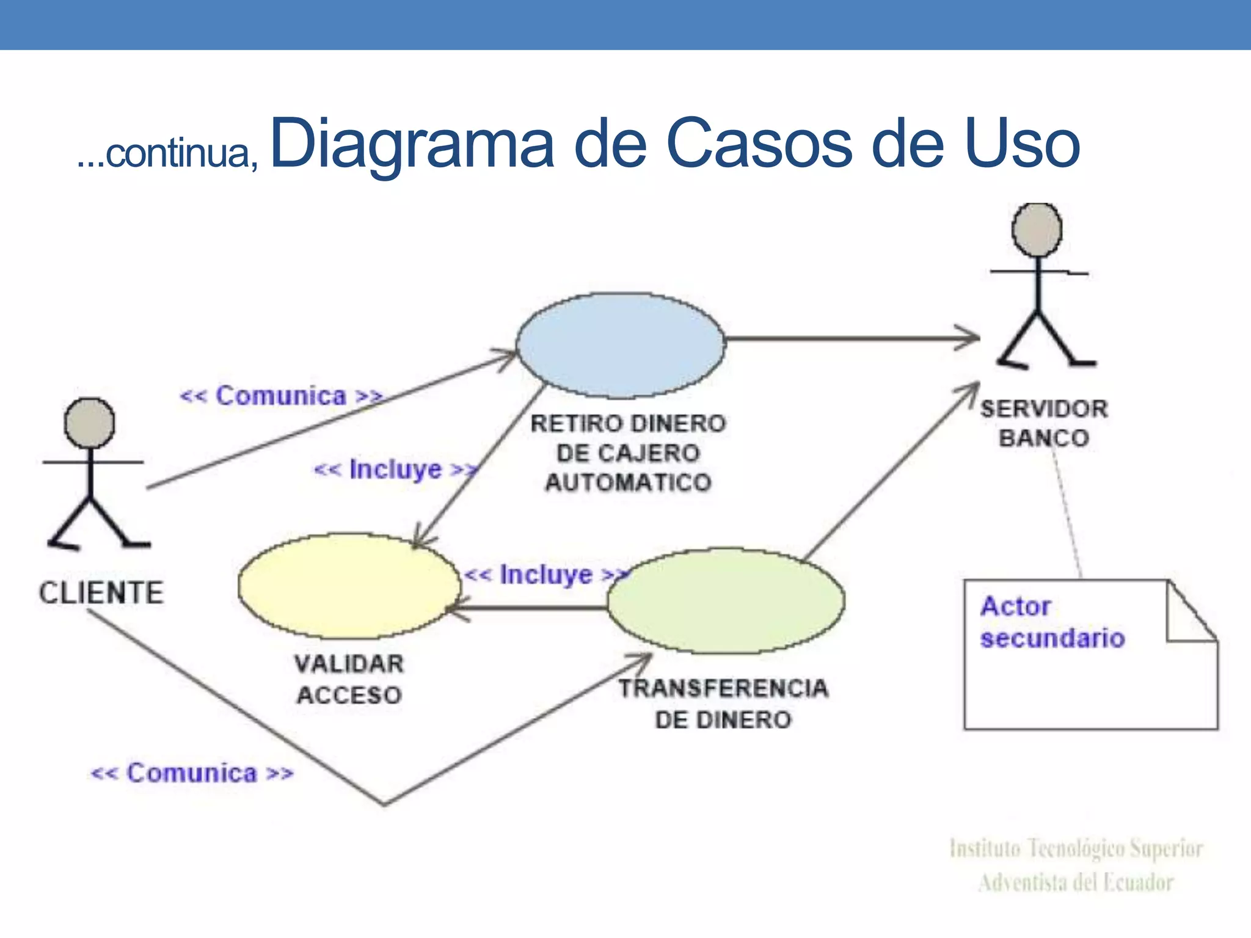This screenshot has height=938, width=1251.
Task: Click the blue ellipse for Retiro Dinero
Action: point(621,346)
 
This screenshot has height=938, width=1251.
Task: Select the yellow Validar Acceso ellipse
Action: point(349,586)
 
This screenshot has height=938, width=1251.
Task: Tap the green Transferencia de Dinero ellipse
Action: point(726,600)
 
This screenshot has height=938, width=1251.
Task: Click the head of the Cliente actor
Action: point(89,423)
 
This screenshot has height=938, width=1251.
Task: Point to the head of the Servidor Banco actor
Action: point(1037,230)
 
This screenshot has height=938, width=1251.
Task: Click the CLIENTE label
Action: point(101,593)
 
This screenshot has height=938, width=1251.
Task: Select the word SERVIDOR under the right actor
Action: point(1044,409)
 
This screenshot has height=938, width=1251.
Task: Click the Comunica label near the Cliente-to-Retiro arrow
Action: point(281,396)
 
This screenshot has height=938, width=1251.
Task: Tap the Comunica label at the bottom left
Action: point(192,773)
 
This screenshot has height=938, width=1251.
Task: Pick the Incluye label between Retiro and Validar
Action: point(395,470)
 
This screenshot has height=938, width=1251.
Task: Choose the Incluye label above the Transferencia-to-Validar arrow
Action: point(545,575)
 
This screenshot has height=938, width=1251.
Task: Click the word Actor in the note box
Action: point(1015,606)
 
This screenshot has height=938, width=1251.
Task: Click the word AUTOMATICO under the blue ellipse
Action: point(628,482)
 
